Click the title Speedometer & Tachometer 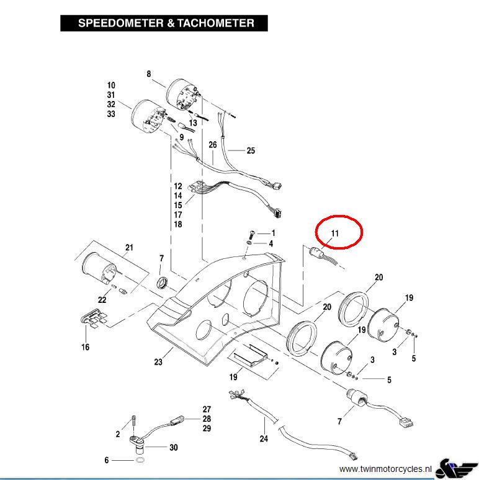coord(165,24)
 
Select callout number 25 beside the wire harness coord(251,151)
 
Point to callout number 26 coord(212,145)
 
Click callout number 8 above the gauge coord(149,74)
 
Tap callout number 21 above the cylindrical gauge coord(129,248)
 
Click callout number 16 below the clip coord(85,347)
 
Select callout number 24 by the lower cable coord(264,439)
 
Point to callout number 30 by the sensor coord(174,447)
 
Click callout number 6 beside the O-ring coord(107,460)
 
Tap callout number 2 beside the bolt coord(118,434)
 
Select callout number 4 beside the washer coord(271,243)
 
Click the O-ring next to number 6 coord(141,461)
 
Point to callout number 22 coord(102,300)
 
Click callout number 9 coord(181,137)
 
